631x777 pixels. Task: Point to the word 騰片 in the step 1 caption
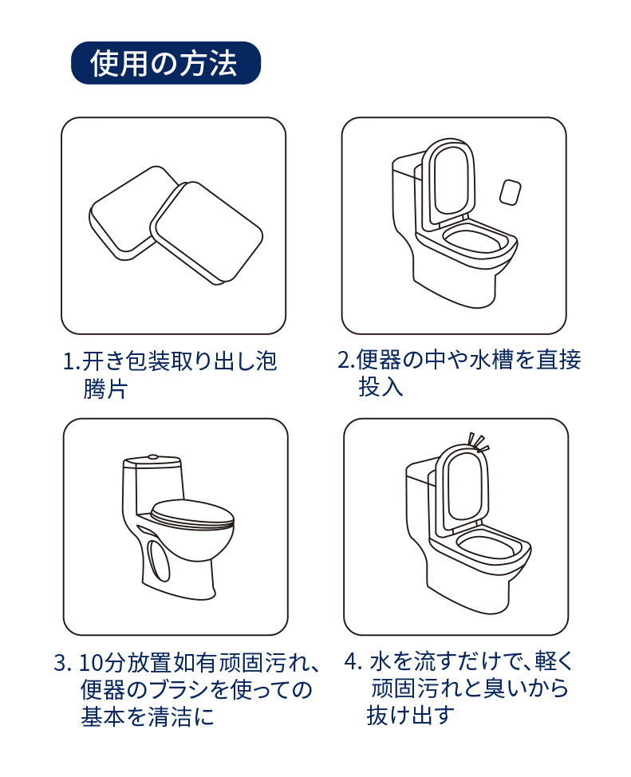click(x=105, y=388)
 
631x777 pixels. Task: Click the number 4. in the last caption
click(x=353, y=661)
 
